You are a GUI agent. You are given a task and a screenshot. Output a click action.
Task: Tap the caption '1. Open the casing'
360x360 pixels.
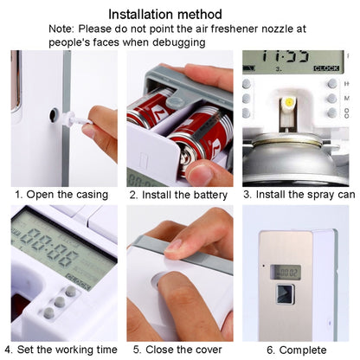coord(61,194)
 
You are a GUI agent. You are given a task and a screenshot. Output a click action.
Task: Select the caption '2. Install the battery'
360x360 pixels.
coord(178,194)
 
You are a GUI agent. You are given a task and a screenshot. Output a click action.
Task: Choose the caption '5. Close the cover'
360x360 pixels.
coord(178,349)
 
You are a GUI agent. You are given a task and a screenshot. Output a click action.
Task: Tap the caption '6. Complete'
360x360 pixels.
coord(296,349)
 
